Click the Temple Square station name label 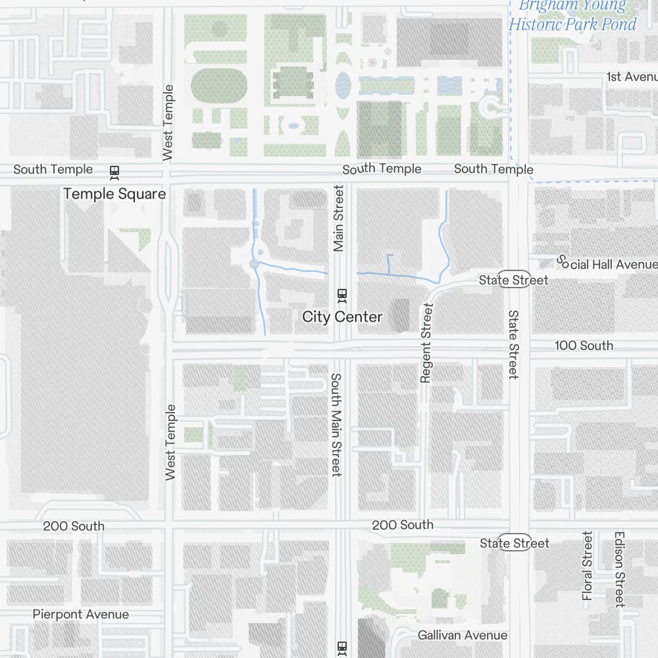[x=114, y=194]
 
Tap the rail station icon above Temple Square [x=114, y=172]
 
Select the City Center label [x=342, y=317]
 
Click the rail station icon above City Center [x=342, y=295]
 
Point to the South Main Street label [x=336, y=425]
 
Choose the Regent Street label [x=426, y=342]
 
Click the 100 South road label [x=584, y=345]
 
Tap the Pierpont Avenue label [x=81, y=615]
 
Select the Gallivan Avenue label [x=463, y=636]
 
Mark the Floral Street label [x=588, y=566]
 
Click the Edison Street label [x=619, y=569]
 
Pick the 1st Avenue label [x=632, y=77]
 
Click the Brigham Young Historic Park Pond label [x=572, y=16]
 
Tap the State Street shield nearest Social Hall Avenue [x=513, y=280]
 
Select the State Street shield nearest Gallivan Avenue [x=514, y=543]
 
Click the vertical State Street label [x=513, y=345]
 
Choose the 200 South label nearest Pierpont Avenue [x=74, y=526]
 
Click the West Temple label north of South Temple [x=168, y=122]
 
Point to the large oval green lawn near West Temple [x=219, y=86]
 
